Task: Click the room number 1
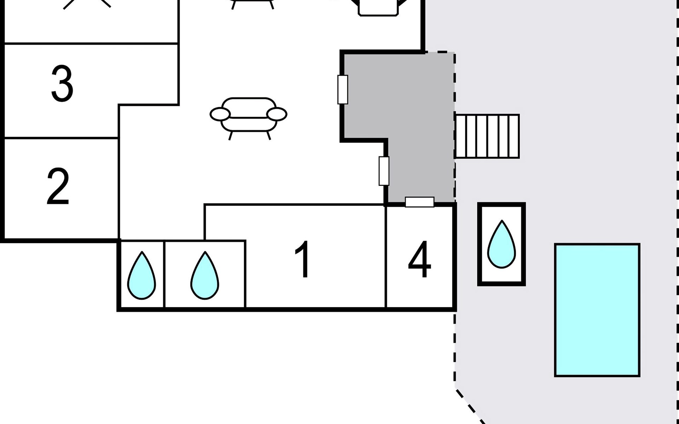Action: [303, 259]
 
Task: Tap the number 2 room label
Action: [58, 186]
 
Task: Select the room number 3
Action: [62, 83]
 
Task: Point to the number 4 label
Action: [419, 259]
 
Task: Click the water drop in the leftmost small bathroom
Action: [141, 275]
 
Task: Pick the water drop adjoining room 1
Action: [205, 275]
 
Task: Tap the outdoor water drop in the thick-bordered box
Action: [501, 244]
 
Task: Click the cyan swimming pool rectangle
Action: [597, 310]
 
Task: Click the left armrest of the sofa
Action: [220, 114]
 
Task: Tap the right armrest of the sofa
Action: [277, 114]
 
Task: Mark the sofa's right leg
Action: [268, 136]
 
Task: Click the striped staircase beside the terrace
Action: [487, 136]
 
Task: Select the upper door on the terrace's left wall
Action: [343, 89]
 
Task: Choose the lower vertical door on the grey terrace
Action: [384, 171]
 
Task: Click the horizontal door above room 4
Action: [420, 202]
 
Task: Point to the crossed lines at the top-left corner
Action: [87, 3]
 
